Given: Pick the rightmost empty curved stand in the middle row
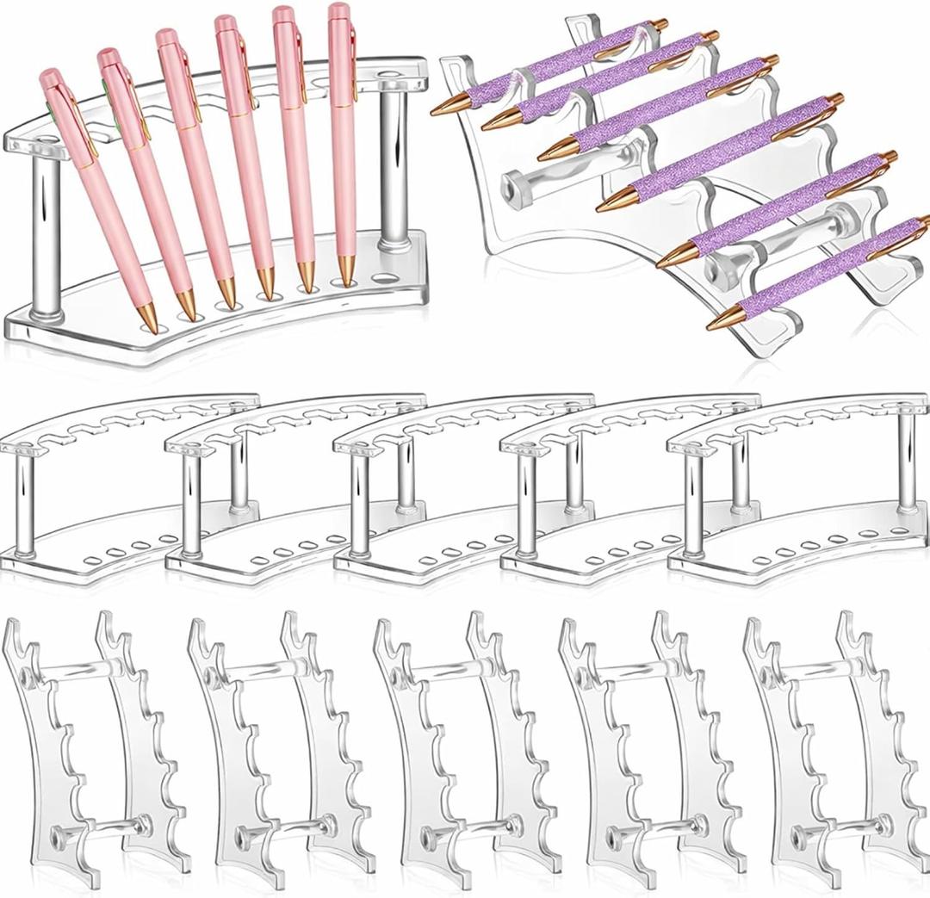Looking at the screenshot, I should click(801, 491).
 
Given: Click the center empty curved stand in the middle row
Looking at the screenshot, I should click(465, 491).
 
